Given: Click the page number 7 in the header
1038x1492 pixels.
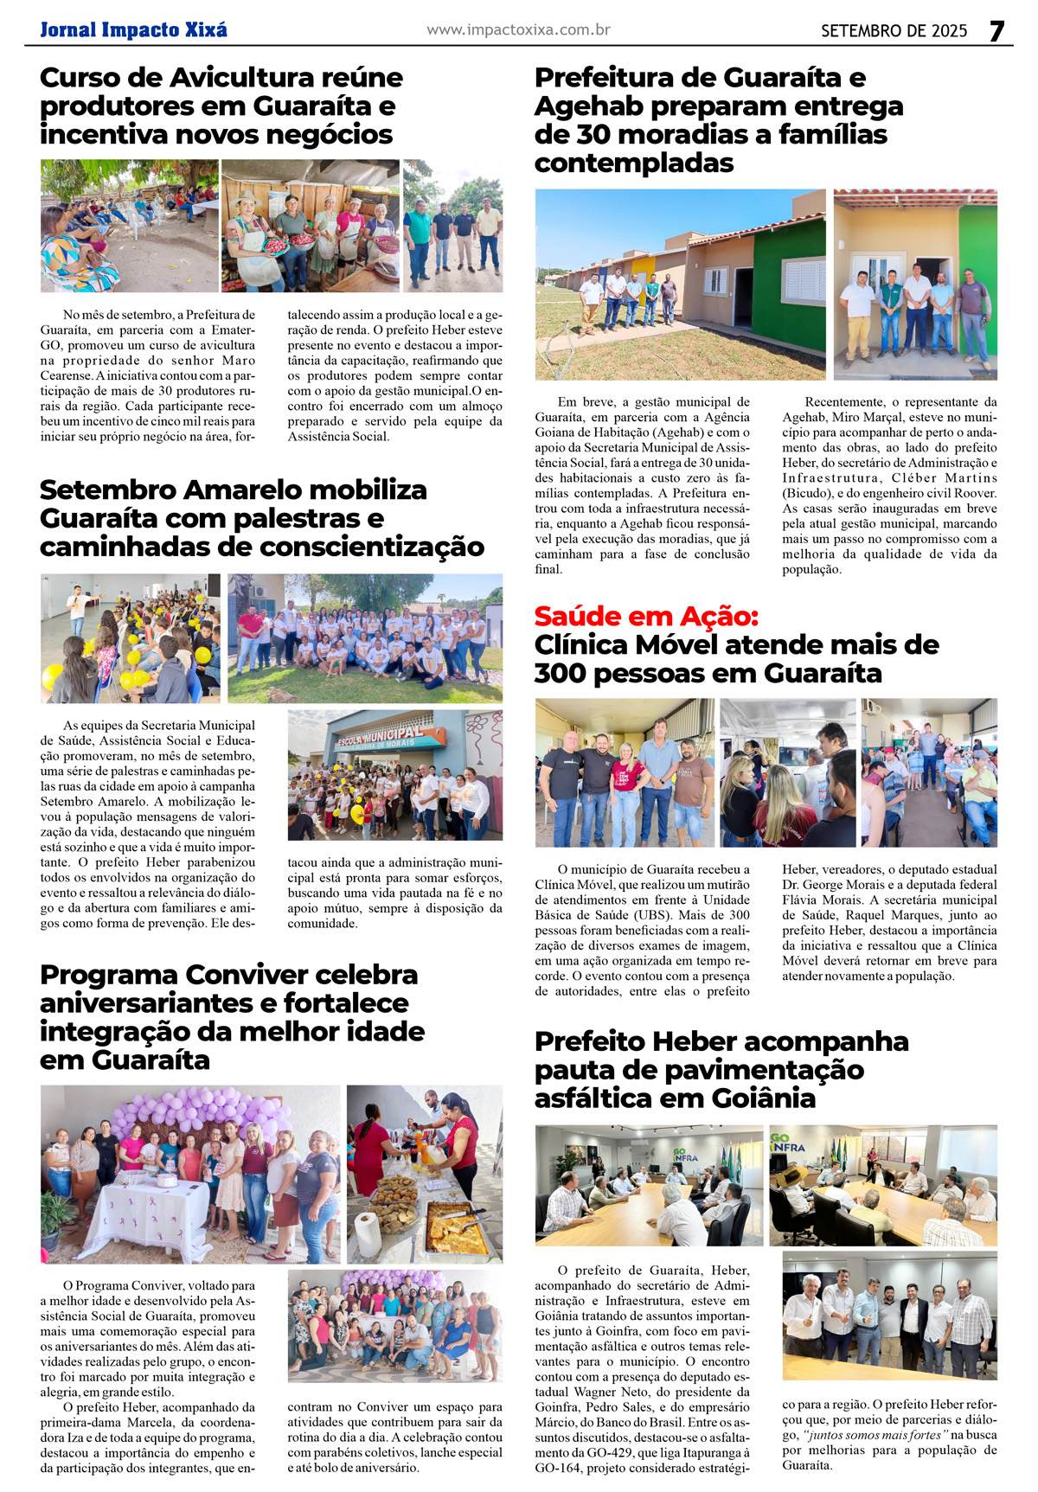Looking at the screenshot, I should [996, 30].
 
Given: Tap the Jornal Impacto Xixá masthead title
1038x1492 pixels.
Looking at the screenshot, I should [133, 30].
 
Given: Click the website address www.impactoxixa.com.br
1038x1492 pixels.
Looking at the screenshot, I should [518, 30].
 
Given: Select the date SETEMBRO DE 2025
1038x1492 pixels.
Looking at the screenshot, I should [894, 31].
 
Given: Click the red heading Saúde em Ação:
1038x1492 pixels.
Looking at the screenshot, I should [646, 617].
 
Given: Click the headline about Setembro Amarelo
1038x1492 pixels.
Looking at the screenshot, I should [261, 518].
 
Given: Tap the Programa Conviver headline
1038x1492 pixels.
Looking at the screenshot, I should [232, 1017].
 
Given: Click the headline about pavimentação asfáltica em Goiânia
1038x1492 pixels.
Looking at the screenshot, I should [721, 1070].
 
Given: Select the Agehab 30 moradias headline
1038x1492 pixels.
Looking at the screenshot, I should [718, 120].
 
